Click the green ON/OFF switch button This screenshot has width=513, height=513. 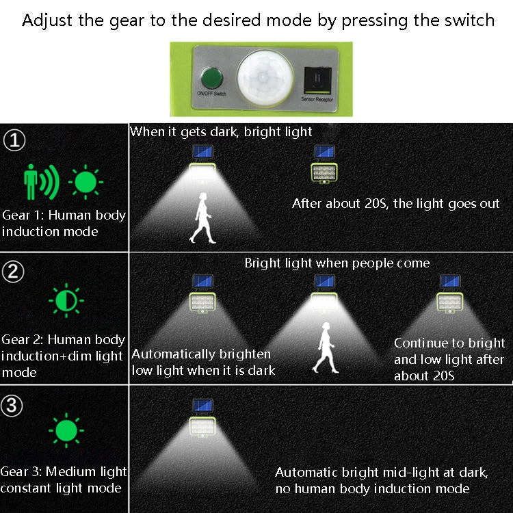(211, 78)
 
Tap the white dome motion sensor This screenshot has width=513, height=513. (265, 78)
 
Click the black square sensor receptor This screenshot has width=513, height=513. (317, 81)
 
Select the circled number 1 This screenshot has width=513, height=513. (14, 140)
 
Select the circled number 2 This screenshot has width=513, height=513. (13, 272)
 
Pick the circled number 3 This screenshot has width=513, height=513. (12, 406)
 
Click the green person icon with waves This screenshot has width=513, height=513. (41, 182)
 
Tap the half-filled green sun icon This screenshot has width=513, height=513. (66, 300)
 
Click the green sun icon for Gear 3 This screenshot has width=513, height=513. (66, 430)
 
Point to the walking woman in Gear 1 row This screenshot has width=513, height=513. (203, 218)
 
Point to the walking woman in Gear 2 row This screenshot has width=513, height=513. (326, 347)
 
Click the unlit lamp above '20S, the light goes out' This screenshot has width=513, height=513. (324, 173)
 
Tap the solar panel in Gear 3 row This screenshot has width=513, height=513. (203, 405)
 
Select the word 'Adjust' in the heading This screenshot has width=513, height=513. (47, 21)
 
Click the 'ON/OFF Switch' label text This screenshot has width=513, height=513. (211, 94)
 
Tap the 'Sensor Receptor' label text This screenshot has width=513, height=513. (317, 99)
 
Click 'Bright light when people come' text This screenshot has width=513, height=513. (337, 263)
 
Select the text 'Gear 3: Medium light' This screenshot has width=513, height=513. (64, 471)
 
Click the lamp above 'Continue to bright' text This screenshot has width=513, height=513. (450, 302)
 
